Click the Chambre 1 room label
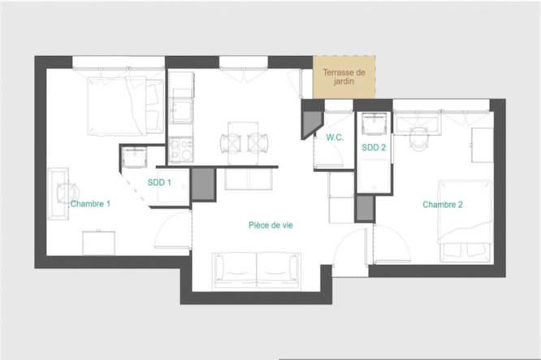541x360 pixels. (x=90, y=204)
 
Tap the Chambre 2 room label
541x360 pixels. (x=443, y=205)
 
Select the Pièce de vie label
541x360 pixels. (x=270, y=225)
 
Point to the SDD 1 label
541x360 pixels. (x=159, y=182)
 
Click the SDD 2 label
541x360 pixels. (x=374, y=148)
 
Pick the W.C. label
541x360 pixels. (x=335, y=137)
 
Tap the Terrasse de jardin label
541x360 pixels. (x=344, y=77)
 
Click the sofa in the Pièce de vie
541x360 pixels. (x=257, y=271)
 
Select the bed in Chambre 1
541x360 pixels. (x=125, y=106)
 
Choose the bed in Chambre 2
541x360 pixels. (x=465, y=221)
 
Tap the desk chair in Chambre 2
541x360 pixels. (x=418, y=139)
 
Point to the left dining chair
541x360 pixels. (x=230, y=142)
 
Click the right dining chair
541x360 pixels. (x=258, y=142)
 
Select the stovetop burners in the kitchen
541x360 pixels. (x=181, y=150)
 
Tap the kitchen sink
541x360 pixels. (x=181, y=111)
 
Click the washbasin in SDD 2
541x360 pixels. (x=374, y=124)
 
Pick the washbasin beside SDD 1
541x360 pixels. (x=135, y=158)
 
